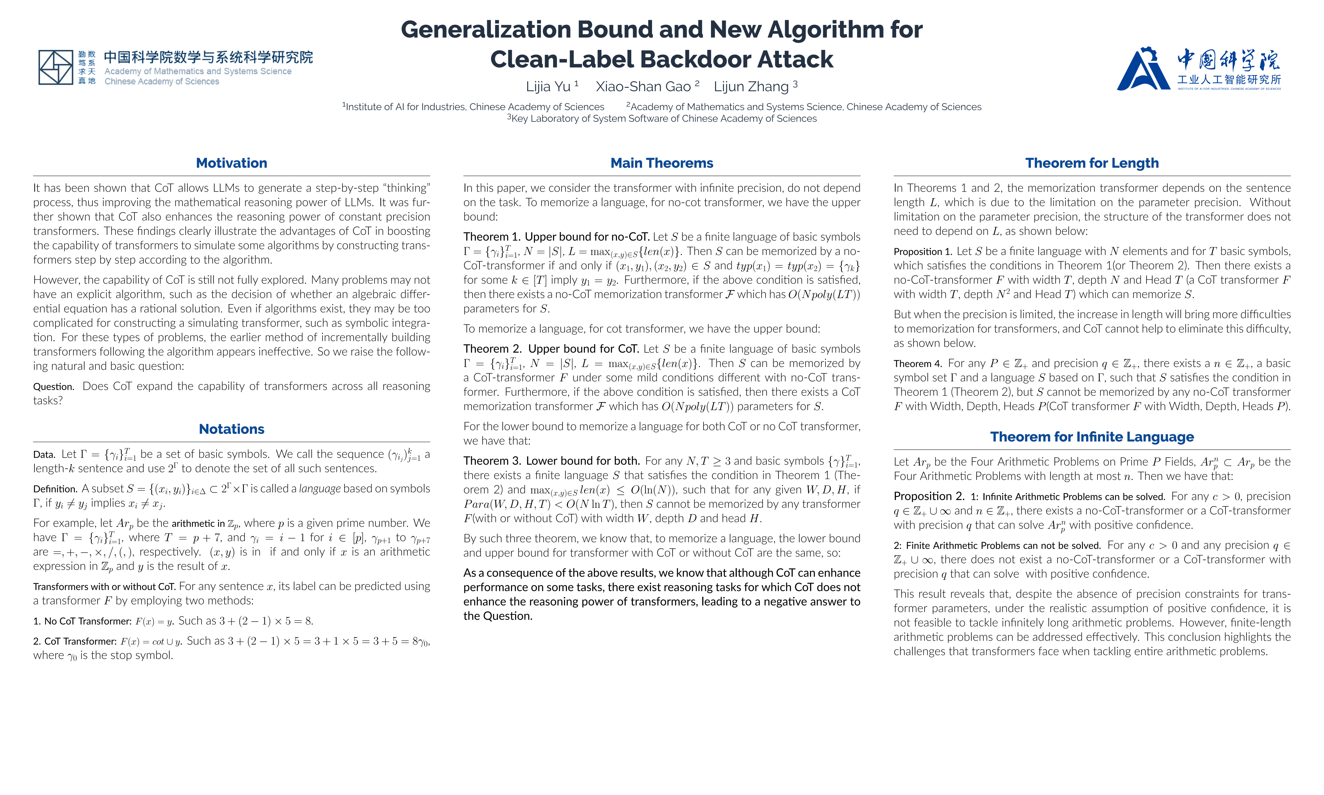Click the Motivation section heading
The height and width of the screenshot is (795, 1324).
pos(231,163)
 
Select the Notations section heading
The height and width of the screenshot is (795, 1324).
pos(231,429)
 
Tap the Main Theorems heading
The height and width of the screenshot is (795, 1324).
pos(662,163)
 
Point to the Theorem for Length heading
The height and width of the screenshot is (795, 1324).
pos(1092,163)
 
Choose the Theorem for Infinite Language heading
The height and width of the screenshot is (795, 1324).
pos(1092,437)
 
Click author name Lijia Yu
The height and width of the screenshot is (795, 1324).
pos(548,87)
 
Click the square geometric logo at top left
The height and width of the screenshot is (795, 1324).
pos(56,68)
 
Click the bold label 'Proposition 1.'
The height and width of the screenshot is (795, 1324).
pos(923,252)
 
